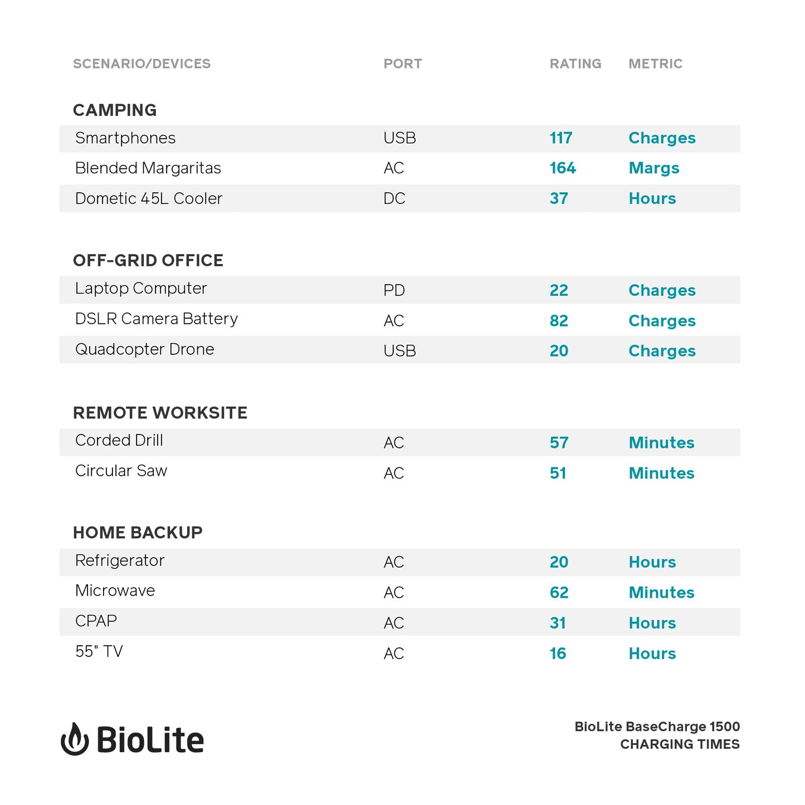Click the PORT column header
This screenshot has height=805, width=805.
pos(402,64)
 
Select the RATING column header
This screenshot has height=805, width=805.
pos(575,64)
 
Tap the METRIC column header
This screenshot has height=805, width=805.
pos(655,64)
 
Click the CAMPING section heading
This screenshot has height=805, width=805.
pos(115,110)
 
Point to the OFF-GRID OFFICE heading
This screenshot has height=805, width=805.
pos(148,261)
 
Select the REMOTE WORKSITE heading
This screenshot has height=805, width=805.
pos(160,413)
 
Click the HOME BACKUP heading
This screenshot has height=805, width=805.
pos(138,533)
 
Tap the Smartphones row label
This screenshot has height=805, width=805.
pos(125,138)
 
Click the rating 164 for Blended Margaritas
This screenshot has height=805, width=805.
pos(562,168)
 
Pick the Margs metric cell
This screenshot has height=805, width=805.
pos(653,168)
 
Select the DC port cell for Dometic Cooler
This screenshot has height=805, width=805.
pos(394,199)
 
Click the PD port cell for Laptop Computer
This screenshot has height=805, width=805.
pos(394,290)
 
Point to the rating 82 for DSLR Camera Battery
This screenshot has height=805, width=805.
pos(559,321)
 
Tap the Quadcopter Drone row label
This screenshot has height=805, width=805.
pos(144,349)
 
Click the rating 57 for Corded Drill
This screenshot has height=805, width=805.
pos(559,443)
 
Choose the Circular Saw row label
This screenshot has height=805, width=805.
pos(121,471)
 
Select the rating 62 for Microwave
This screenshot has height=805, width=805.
pos(559,593)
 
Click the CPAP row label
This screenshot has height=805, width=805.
pos(96,621)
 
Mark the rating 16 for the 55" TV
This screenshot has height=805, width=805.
pos(558,653)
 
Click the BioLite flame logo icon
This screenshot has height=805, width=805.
pos(75,739)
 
